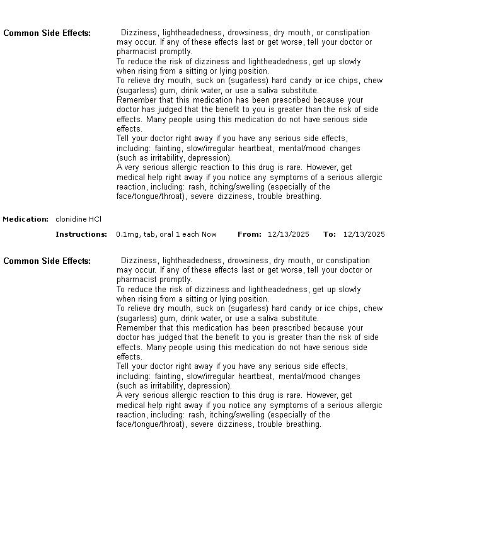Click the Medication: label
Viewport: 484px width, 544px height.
pos(26,219)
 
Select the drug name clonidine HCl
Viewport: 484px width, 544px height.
pos(78,219)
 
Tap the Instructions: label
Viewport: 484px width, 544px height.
pos(81,234)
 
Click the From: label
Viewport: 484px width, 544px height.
pos(250,234)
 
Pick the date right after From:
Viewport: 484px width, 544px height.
pos(289,234)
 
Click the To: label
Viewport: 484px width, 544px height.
pos(330,234)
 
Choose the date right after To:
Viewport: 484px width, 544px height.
pos(364,234)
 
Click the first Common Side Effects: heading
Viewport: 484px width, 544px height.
pos(47,33)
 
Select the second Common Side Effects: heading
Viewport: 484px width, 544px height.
pos(47,261)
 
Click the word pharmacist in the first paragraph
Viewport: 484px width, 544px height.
pos(135,52)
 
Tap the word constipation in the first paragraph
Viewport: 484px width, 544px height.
pos(349,33)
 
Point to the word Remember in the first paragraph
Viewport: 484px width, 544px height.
pos(135,99)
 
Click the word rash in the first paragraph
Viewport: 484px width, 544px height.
pos(196,186)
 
